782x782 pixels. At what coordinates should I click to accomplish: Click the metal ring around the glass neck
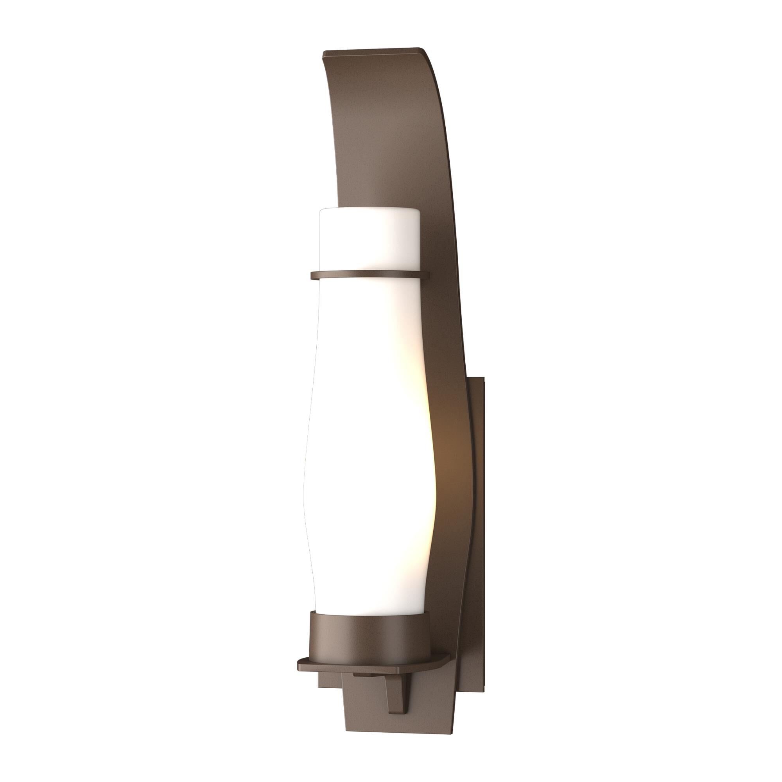(369, 275)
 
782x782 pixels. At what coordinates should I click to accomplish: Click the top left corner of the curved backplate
(324, 53)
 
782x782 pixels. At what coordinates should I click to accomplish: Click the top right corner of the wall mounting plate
(482, 378)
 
